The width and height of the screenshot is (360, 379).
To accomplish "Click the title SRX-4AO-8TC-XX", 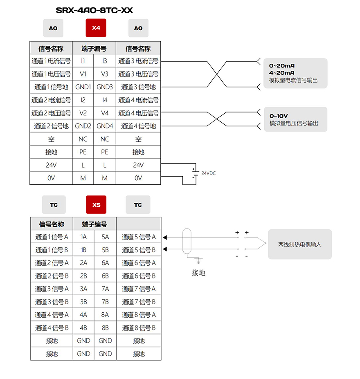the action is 94,10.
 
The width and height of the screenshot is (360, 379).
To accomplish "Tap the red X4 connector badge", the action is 96,28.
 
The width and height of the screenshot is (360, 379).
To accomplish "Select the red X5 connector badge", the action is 96,205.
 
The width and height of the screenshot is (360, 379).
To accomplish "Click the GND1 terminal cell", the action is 83,87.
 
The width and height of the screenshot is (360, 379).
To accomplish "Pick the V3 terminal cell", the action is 105,74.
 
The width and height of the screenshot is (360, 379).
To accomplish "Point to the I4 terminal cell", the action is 105,100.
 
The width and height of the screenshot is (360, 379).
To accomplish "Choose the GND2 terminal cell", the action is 83,126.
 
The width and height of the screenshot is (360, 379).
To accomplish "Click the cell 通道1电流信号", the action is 51,61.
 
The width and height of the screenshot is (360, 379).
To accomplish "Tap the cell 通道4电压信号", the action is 138,113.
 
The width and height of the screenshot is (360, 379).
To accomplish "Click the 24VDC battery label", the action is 208,173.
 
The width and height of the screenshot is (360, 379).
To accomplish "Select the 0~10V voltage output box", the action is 295,119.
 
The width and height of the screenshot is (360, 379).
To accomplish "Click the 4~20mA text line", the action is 282,73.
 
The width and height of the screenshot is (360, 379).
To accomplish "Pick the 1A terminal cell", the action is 83,237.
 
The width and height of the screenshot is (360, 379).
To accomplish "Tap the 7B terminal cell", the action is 105,302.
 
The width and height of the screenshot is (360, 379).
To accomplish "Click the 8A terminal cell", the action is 105,315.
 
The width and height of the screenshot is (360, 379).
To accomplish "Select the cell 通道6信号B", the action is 139,276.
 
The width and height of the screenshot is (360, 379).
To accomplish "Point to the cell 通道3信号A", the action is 52,289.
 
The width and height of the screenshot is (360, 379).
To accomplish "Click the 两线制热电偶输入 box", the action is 300,244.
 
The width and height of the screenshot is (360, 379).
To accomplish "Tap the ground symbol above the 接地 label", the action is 198,261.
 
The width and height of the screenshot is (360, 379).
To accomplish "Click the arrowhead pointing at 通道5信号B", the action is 165,249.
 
